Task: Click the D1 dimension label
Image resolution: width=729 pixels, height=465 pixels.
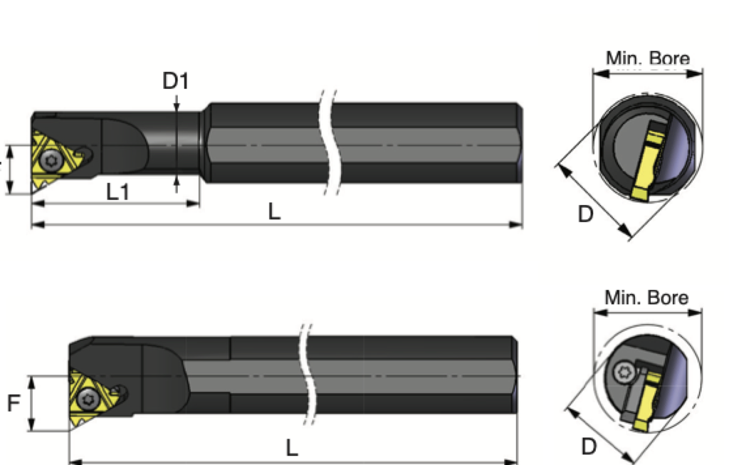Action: click(176, 80)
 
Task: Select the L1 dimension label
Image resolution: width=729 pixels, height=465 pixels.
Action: click(117, 191)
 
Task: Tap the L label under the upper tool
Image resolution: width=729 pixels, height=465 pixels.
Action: click(274, 211)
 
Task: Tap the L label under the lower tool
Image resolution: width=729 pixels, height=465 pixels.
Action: click(292, 447)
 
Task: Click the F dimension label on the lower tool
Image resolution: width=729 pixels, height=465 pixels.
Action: click(14, 404)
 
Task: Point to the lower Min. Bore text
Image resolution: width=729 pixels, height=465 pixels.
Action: click(646, 297)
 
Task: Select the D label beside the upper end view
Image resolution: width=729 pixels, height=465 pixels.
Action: click(585, 214)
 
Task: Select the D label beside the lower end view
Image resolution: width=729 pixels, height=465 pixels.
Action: click(588, 446)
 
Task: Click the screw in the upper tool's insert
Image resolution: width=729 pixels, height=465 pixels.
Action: click(50, 162)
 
